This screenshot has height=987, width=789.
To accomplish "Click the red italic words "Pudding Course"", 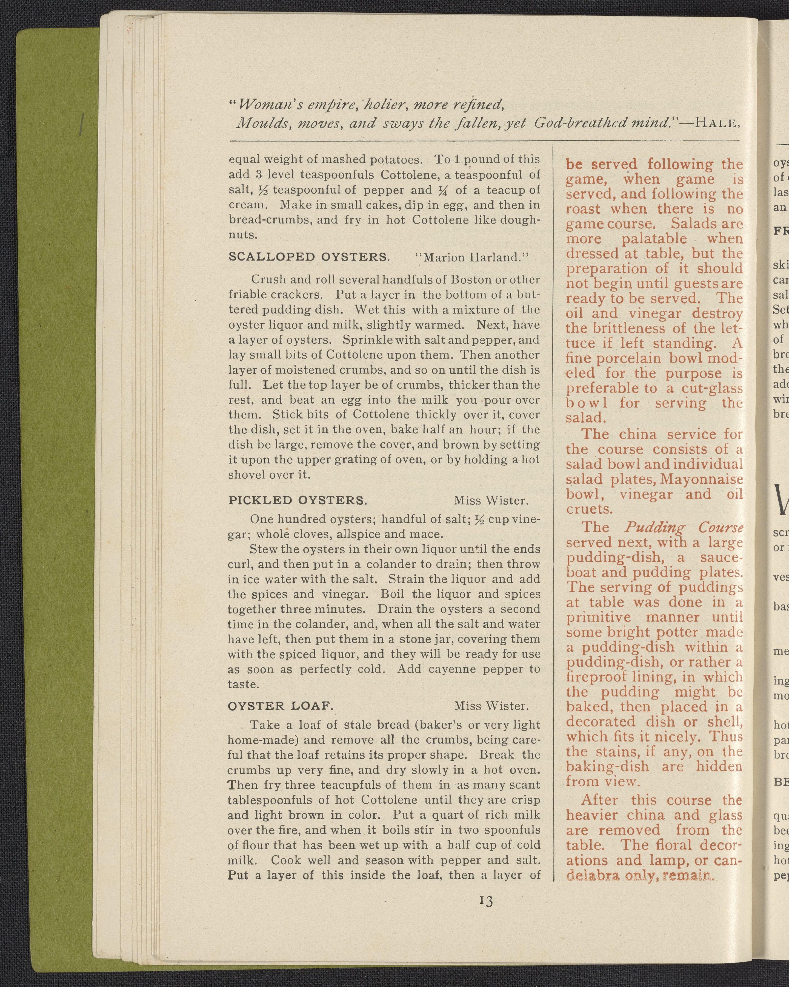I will click(x=683, y=527).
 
